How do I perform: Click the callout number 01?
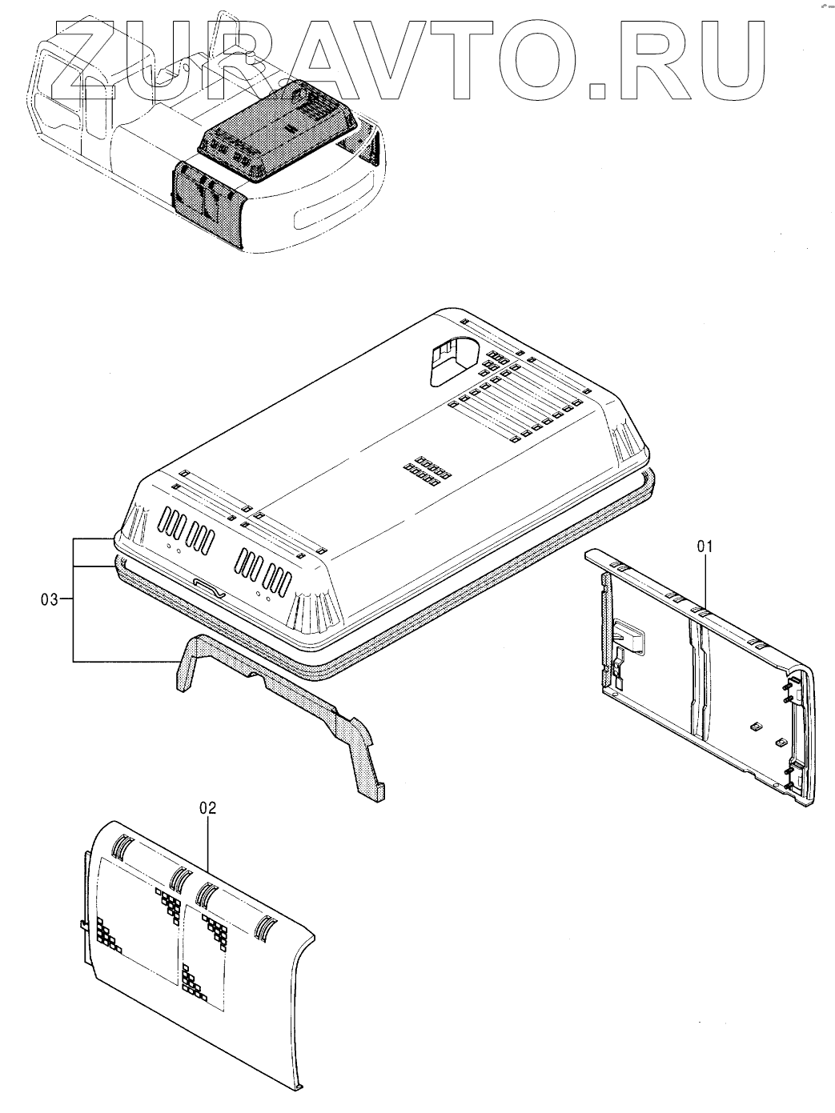tap(704, 547)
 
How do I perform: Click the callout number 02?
tap(207, 808)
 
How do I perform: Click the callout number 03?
tap(50, 599)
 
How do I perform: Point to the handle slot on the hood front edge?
tap(211, 588)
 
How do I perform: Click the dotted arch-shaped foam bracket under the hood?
tap(280, 704)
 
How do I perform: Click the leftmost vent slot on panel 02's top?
tap(121, 847)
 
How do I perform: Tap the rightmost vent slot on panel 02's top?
tap(264, 928)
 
